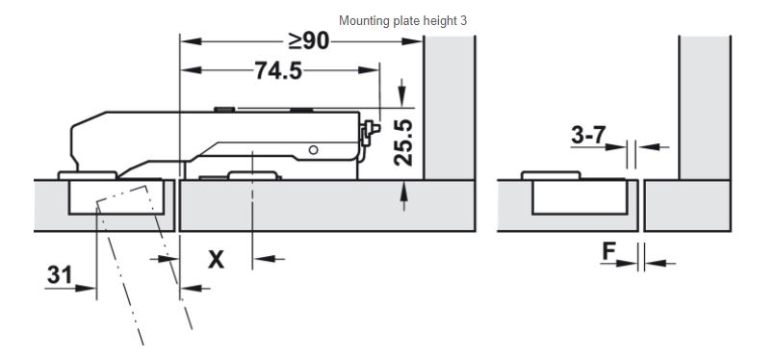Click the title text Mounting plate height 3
(x=402, y=21)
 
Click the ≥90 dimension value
(x=309, y=41)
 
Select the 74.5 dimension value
(x=278, y=70)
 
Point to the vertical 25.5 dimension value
(x=402, y=142)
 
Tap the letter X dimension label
(x=216, y=259)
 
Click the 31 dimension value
(x=60, y=274)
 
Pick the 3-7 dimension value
(x=588, y=135)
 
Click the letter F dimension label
(x=608, y=252)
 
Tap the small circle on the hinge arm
(x=313, y=150)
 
